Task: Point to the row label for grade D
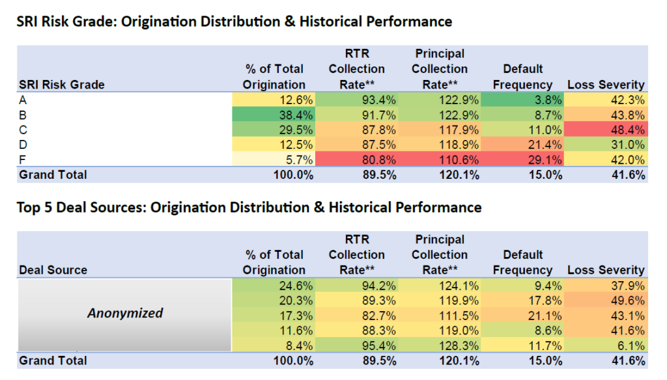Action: point(23,144)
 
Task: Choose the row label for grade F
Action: point(23,159)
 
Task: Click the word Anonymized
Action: point(125,313)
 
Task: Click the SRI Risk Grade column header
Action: point(62,85)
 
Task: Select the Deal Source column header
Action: point(53,270)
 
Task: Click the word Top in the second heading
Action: point(29,208)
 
